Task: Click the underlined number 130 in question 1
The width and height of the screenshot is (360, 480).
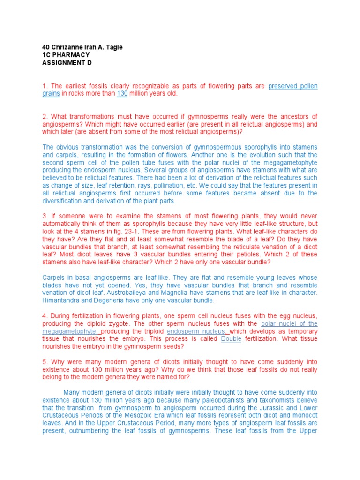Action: pos(122,94)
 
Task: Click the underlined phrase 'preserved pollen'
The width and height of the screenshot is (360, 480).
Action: pos(293,86)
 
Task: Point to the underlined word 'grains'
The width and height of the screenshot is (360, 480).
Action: pos(51,94)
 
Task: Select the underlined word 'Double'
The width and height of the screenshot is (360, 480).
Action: pos(231,339)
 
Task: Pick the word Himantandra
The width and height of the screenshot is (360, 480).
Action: pos(63,300)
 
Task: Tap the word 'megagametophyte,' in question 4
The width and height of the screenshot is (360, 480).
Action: pos(67,331)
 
